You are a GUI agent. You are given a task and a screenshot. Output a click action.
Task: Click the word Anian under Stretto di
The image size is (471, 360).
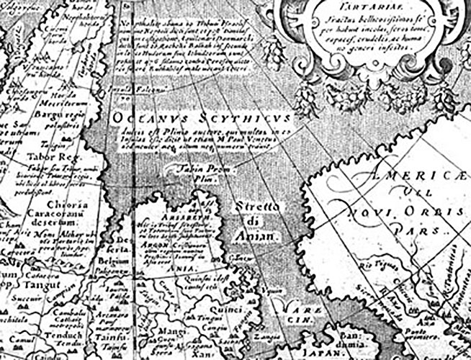(256, 235)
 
